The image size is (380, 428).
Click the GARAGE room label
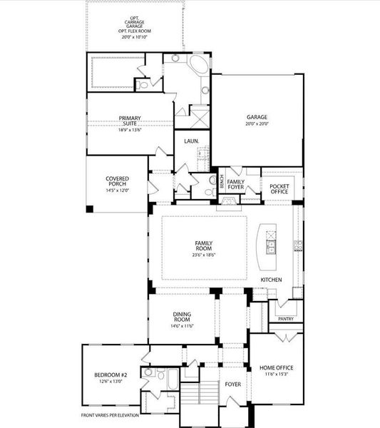256,118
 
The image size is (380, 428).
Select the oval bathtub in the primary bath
200,71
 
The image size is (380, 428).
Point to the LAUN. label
191,141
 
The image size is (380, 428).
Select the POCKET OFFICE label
278,188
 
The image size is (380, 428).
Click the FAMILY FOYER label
236,185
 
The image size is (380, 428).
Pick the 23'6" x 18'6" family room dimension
204,255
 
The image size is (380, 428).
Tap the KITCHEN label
272,279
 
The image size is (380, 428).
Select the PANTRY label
286,319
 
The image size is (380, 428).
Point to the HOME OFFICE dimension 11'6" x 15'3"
276,374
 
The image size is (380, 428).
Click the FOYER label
233,384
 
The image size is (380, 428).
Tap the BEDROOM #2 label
111,375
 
